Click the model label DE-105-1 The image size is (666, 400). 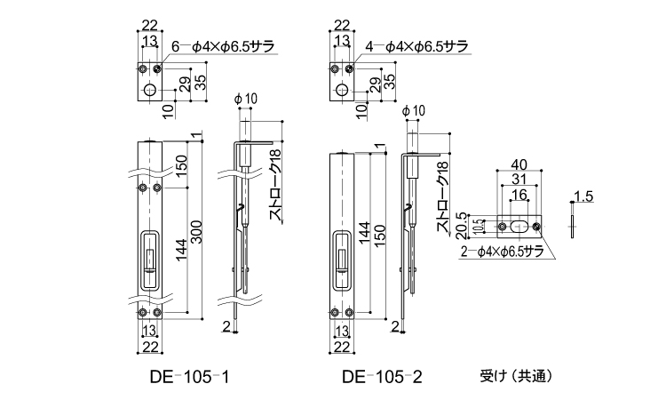190,377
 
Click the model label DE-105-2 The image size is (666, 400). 382,377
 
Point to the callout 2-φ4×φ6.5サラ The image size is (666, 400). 502,252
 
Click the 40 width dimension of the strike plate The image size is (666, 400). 519,164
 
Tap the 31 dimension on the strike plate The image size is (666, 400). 519,180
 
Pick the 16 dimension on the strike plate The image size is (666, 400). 519,196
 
